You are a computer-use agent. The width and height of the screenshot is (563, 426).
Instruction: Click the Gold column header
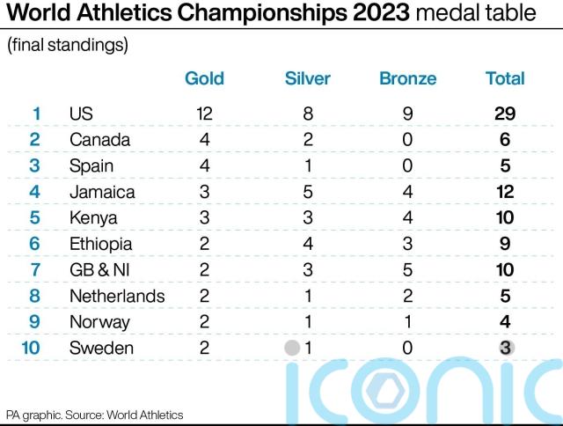click(204, 78)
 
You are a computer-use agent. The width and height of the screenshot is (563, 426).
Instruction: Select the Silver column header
click(307, 78)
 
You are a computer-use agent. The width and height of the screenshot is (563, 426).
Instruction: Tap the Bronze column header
click(407, 78)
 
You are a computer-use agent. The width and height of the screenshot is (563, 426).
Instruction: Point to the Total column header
click(505, 78)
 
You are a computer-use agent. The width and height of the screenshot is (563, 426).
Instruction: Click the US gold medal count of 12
click(204, 114)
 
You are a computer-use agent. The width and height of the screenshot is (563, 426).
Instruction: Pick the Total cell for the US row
click(505, 114)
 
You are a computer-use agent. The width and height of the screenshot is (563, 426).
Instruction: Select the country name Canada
click(99, 140)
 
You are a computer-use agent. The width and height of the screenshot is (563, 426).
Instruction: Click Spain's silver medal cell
click(307, 165)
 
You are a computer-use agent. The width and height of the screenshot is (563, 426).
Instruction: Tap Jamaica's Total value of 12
click(505, 192)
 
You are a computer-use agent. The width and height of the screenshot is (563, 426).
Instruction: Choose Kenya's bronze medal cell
click(407, 217)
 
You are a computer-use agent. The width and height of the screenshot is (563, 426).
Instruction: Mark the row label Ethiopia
click(100, 244)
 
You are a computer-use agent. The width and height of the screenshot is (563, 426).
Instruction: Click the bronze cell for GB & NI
click(407, 269)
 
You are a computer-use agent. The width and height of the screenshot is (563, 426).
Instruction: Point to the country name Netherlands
click(116, 296)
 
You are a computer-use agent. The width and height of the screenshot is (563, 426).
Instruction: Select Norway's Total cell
click(505, 322)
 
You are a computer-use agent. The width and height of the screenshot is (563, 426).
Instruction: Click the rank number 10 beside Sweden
click(30, 348)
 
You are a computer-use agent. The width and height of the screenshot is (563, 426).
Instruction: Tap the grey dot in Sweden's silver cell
click(292, 348)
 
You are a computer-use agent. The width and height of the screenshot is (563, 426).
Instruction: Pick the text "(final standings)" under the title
click(68, 46)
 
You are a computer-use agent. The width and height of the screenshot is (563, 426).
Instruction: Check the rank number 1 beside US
click(36, 114)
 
